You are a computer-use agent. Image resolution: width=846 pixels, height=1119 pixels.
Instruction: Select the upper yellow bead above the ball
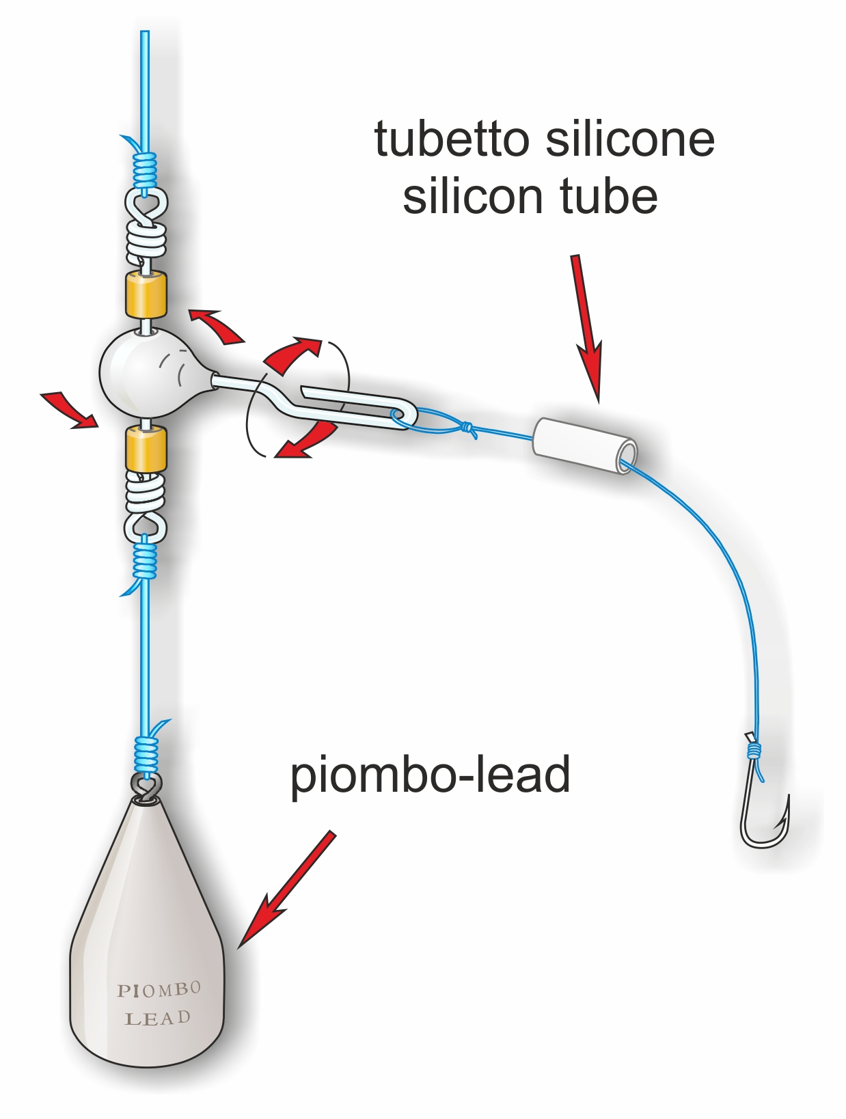pos(146,294)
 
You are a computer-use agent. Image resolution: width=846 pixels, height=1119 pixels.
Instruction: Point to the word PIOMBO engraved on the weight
pos(159,989)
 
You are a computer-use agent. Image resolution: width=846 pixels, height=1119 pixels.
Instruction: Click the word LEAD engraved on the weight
pos(157,1019)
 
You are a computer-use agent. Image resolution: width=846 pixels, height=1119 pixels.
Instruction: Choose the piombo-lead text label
pos(430,775)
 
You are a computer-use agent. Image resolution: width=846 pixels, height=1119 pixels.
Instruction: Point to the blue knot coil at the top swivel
pos(144,171)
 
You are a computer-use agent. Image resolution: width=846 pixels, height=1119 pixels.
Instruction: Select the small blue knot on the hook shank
pos(754,751)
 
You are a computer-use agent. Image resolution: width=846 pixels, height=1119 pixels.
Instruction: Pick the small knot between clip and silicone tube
pos(467,428)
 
